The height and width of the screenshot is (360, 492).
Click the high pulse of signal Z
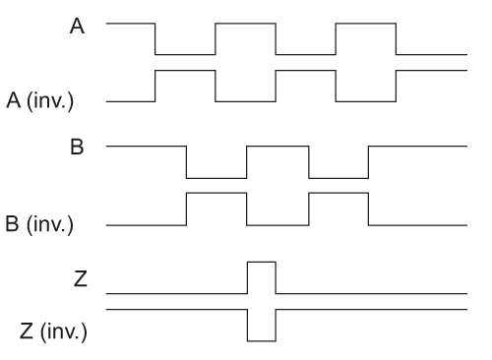coord(262,263)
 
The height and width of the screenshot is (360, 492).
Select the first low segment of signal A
coord(185,55)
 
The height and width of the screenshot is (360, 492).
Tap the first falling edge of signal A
coord(155,39)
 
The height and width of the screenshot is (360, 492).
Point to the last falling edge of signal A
coord(397,39)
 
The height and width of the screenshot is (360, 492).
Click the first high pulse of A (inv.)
coord(185,71)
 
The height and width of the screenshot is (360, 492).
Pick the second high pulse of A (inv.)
coord(306,71)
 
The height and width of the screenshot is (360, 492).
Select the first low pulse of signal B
coord(216,178)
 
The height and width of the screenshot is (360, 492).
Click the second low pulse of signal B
coord(338,178)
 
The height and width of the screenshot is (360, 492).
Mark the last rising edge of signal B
coord(368,162)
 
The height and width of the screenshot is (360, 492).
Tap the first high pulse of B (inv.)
coord(216,194)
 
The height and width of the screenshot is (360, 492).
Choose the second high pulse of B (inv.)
coord(338,194)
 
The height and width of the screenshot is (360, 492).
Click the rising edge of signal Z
coord(247,277)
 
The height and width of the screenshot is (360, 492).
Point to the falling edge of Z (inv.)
coord(247,326)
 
